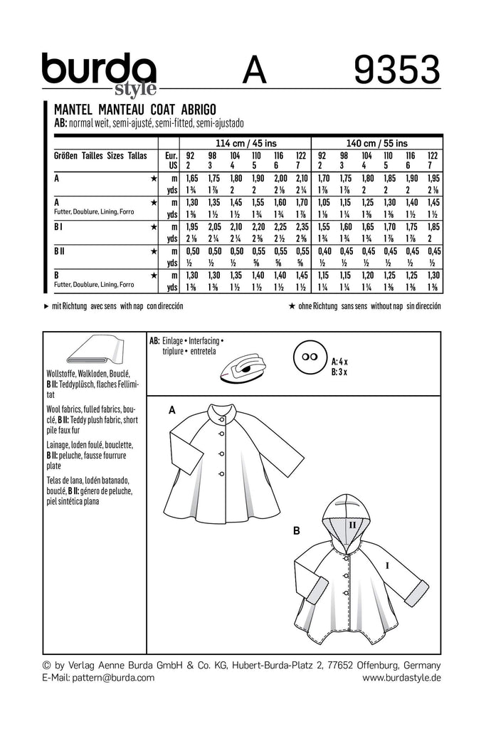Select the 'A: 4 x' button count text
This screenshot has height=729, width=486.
[343, 361]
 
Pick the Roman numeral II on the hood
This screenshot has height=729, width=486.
[351, 523]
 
